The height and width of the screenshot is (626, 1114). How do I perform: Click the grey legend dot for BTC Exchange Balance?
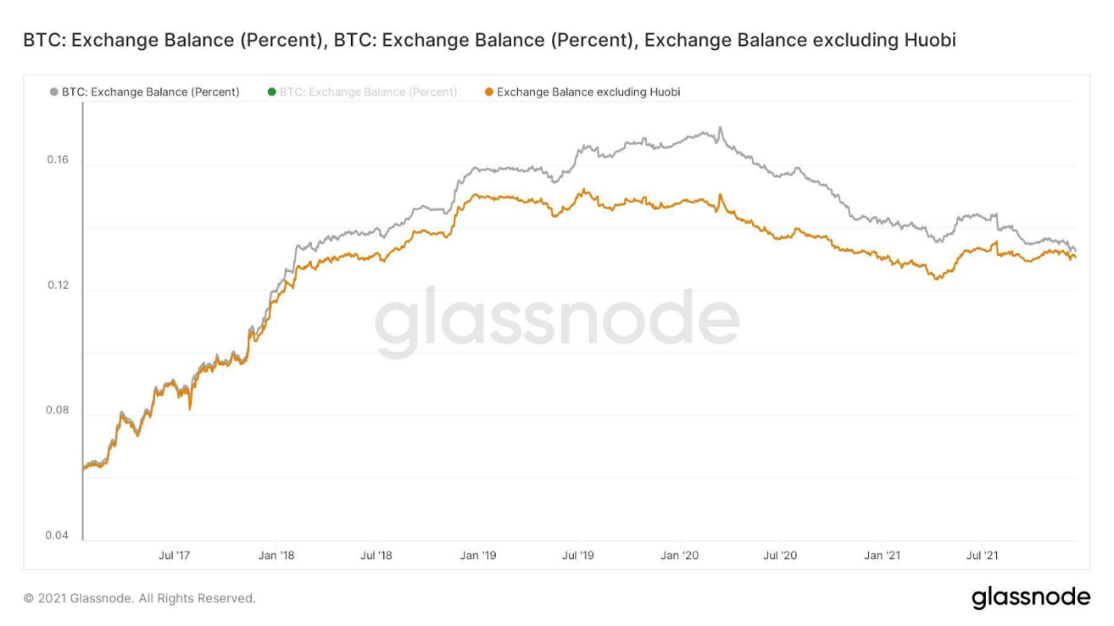point(54,92)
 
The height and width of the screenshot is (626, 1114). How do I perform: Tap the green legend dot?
point(272,92)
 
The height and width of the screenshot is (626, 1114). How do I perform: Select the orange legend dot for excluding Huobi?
point(489,92)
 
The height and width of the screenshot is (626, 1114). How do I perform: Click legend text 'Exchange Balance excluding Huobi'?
point(588,92)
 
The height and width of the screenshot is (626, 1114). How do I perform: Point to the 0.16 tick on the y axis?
point(58,160)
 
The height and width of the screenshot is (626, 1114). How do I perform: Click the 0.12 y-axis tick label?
point(58,286)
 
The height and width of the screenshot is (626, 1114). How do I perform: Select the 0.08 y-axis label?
point(58,410)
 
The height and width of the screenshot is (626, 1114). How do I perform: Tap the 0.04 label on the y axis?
point(58,535)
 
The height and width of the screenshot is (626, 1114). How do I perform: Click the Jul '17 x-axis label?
point(174,555)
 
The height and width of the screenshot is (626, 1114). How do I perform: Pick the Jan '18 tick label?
point(276,555)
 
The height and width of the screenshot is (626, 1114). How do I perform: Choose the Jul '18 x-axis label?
point(376,555)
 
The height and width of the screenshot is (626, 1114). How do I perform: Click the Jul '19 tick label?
point(578,555)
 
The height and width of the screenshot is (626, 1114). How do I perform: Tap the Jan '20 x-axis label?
point(680,555)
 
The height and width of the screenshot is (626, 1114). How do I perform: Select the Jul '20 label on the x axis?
point(781,555)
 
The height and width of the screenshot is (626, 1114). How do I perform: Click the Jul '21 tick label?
point(983,555)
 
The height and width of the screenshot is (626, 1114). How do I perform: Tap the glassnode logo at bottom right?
point(1030,597)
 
